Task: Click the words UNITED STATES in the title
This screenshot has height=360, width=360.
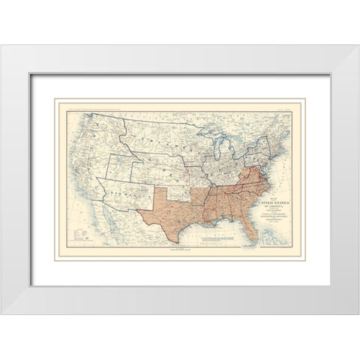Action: click(x=271, y=199)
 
